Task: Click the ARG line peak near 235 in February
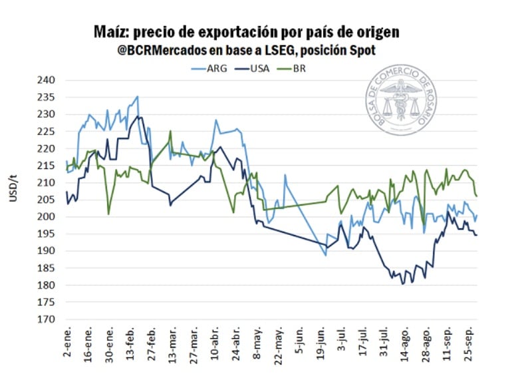[x=137, y=96]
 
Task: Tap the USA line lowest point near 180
[x=402, y=284]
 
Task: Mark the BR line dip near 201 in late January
[x=108, y=214]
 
